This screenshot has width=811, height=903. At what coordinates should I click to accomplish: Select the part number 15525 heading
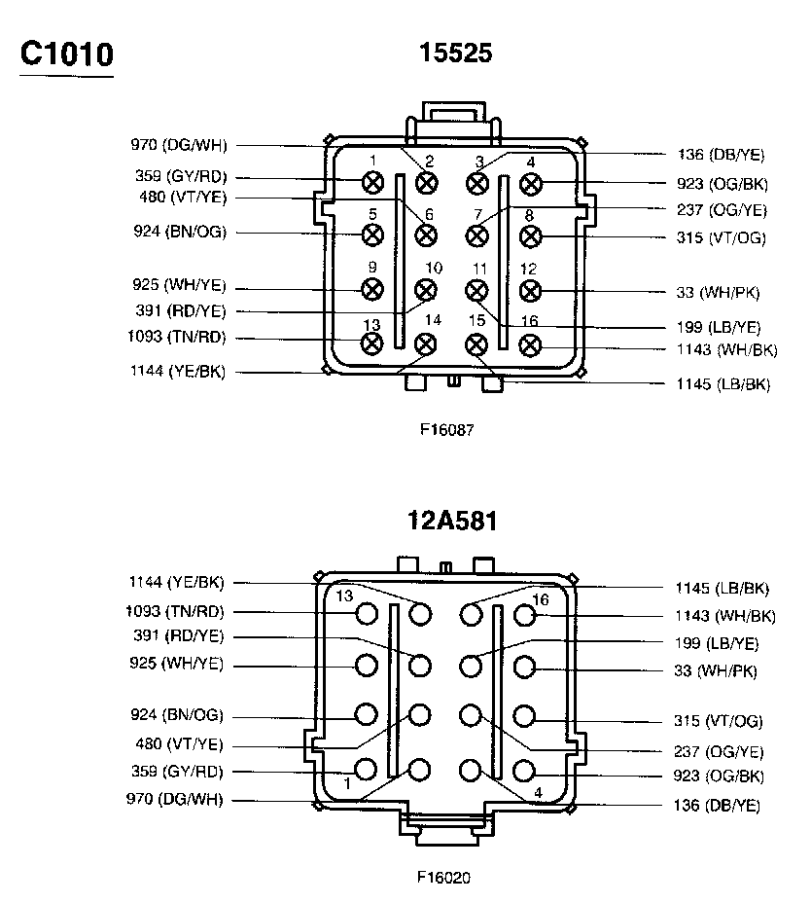[455, 53]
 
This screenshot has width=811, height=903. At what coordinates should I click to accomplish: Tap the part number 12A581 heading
[452, 521]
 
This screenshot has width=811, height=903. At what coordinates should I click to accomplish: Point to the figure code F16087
[447, 427]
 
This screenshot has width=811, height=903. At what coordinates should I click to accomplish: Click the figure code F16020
[443, 877]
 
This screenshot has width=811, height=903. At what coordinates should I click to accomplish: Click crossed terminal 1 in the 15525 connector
[371, 181]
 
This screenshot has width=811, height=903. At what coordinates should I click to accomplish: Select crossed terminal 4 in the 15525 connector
[530, 182]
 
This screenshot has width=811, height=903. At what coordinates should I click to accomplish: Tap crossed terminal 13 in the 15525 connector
[371, 343]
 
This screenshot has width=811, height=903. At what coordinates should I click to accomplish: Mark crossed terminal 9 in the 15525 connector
[371, 289]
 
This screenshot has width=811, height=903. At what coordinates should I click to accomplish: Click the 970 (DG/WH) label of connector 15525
[178, 146]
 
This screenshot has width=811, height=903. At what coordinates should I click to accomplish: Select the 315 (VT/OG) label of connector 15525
[721, 238]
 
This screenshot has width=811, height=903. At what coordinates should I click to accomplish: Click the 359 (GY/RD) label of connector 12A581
[178, 773]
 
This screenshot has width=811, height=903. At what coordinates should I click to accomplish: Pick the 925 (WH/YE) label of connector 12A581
[178, 665]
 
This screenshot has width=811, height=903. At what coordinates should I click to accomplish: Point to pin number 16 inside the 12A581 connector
[541, 599]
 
